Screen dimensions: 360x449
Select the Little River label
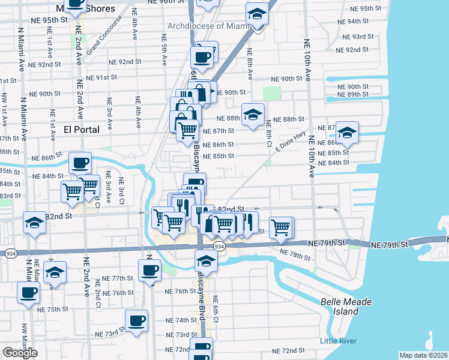[x=339, y=341]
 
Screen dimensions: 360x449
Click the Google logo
[x=20, y=353]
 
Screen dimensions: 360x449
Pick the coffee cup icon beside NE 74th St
[x=136, y=320]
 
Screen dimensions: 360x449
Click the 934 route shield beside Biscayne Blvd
[x=219, y=247]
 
